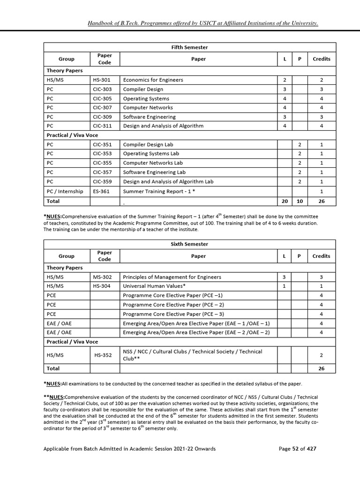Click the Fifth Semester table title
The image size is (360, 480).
click(190, 47)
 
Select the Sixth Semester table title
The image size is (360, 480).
click(190, 244)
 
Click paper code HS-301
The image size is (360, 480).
click(102, 80)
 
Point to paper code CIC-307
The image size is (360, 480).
click(102, 107)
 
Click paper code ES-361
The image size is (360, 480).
click(102, 191)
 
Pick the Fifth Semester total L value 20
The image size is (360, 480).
click(285, 201)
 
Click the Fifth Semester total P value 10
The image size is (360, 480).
click(300, 201)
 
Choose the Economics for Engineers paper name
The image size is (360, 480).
click(153, 80)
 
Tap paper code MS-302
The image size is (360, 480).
click(102, 277)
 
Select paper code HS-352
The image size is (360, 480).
click(103, 355)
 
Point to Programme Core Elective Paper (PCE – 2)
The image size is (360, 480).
click(173, 305)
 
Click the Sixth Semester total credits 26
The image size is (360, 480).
click(321, 369)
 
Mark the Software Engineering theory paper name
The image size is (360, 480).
click(149, 117)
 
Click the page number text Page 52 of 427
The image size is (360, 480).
click(297, 449)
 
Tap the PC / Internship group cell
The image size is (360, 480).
click(65, 191)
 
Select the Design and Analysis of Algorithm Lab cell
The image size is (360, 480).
click(168, 181)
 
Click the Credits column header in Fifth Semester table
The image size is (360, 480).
click(321, 59)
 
